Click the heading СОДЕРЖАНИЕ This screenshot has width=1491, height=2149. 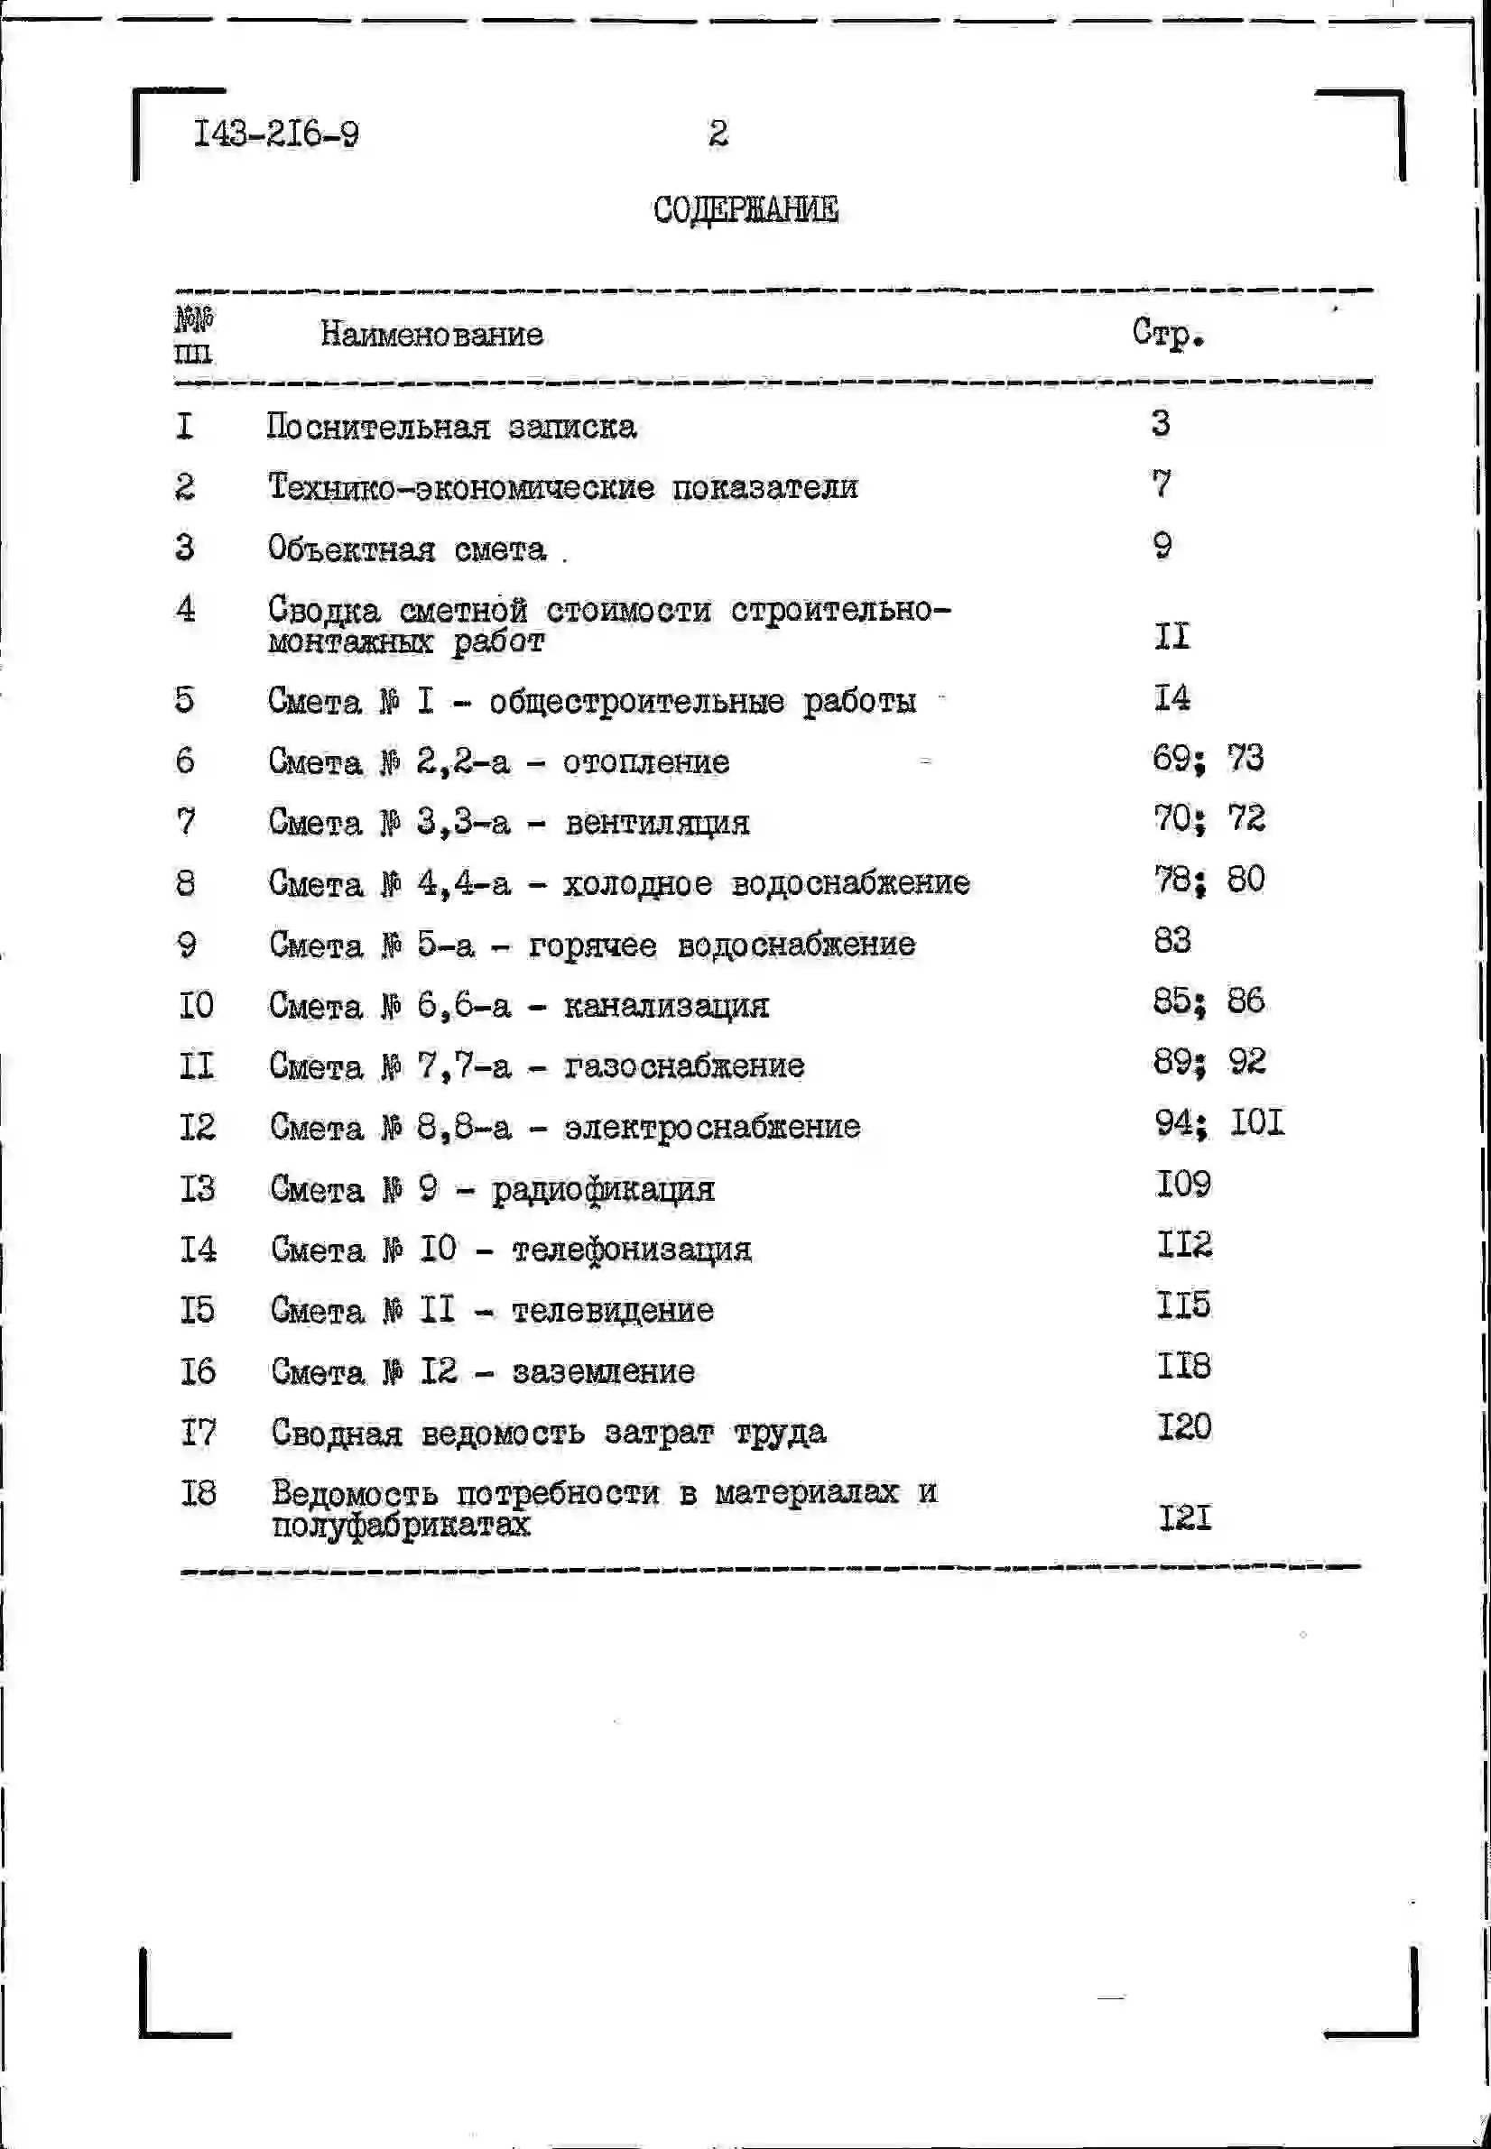tap(745, 209)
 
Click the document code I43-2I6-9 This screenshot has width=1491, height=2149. tap(275, 134)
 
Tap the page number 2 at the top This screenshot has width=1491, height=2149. tap(718, 133)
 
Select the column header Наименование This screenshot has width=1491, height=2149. tap(431, 334)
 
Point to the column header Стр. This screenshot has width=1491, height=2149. tap(1167, 333)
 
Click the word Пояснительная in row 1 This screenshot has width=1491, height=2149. tap(377, 427)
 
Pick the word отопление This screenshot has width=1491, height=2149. tap(645, 762)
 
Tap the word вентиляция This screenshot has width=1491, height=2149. tap(657, 823)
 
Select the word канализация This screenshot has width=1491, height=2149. tap(666, 1006)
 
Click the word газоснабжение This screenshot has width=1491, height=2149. tap(684, 1065)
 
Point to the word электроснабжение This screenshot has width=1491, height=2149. tap(712, 1127)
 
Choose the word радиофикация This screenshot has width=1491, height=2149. tap(603, 1190)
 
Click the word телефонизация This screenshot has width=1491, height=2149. tap(632, 1250)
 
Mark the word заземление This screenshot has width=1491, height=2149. tap(604, 1372)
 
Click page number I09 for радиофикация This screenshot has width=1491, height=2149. tap(1183, 1185)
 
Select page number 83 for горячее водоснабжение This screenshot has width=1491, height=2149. tap(1172, 939)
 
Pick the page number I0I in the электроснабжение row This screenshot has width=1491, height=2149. tap(1256, 1122)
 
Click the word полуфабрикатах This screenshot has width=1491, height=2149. tap(401, 1525)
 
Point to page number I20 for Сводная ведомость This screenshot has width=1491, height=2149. tap(1183, 1427)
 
